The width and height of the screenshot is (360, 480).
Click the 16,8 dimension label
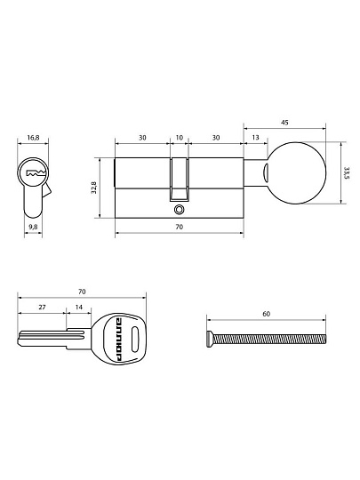point(33,138)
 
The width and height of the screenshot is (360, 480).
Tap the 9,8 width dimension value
point(33,227)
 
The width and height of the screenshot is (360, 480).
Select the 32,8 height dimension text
point(93,188)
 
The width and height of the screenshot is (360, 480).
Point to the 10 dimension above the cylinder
point(179,138)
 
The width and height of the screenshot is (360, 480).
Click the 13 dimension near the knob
point(255,138)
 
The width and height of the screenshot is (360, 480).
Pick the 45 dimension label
point(284,123)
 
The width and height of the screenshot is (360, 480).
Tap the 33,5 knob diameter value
point(347,173)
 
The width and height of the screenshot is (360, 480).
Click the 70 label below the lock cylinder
point(179,227)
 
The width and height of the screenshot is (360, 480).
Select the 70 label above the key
point(82,292)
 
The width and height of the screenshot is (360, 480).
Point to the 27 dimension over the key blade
point(42,307)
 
